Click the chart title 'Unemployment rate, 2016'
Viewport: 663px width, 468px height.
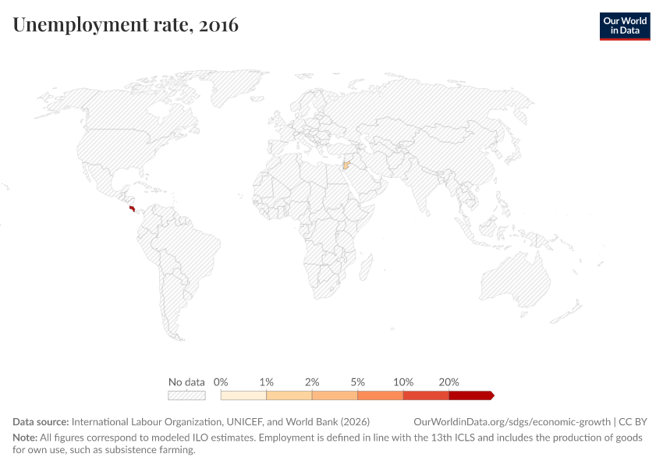pos(126,25)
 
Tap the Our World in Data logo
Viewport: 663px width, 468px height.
pos(624,26)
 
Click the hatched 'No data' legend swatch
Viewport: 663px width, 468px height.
pos(186,395)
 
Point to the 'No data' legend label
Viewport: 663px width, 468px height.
pos(186,382)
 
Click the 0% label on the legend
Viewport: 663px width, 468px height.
pos(221,382)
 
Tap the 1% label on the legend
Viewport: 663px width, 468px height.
pos(266,382)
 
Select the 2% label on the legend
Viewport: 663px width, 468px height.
pos(312,382)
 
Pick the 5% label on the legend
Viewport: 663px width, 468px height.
pos(357,382)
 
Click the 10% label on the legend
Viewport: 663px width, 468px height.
pos(403,382)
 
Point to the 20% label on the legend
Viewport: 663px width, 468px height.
pos(448,382)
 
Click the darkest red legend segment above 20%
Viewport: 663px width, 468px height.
pos(470,395)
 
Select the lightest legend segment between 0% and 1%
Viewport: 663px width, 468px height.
pos(243,395)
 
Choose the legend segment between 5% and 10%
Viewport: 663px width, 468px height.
pos(380,395)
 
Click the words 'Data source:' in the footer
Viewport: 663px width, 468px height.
pos(41,421)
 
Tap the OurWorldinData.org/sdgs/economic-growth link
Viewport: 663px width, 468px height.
pos(513,421)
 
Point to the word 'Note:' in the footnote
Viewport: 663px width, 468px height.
pos(26,438)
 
